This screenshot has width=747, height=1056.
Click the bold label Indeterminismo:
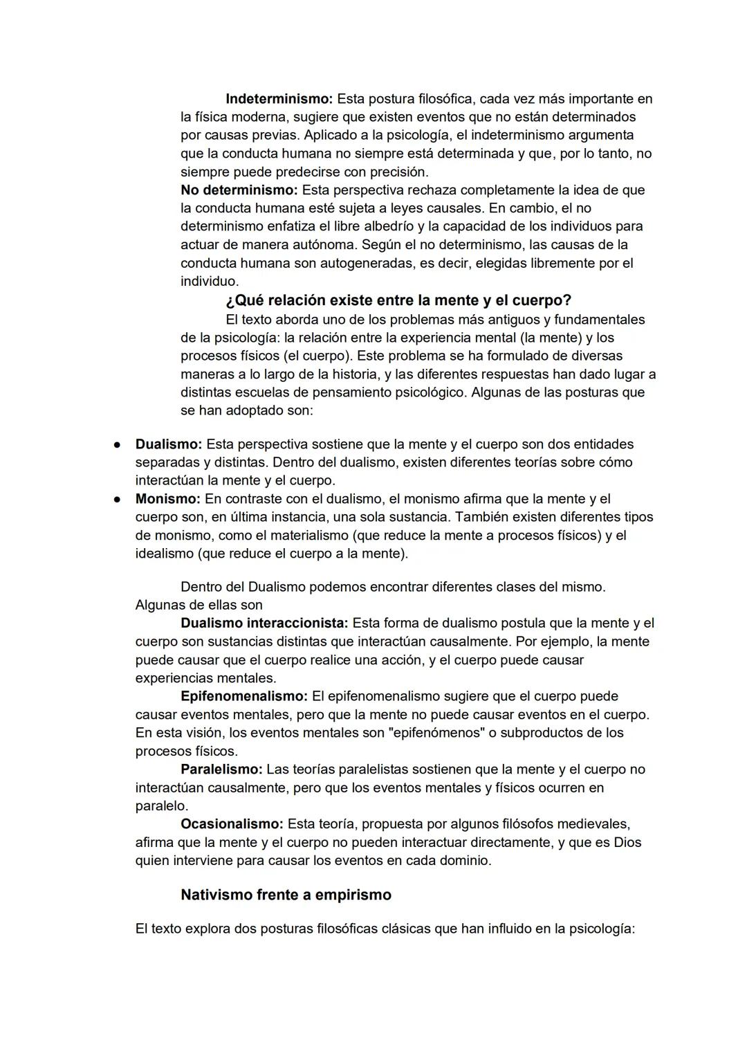[x=279, y=99]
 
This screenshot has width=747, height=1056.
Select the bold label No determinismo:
[x=239, y=190]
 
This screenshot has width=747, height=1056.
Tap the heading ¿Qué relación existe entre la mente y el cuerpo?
[x=398, y=300]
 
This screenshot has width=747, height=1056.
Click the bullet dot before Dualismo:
[x=118, y=444]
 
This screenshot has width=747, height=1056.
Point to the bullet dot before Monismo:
[x=118, y=499]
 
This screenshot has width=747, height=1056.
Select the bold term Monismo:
[x=167, y=499]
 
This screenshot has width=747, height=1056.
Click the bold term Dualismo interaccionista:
[x=264, y=623]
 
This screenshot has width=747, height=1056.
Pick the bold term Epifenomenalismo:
[x=243, y=696]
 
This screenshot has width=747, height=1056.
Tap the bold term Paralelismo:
[x=221, y=770]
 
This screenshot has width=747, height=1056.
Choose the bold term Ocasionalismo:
[x=232, y=824]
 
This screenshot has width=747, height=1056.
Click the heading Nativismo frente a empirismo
[x=286, y=895]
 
